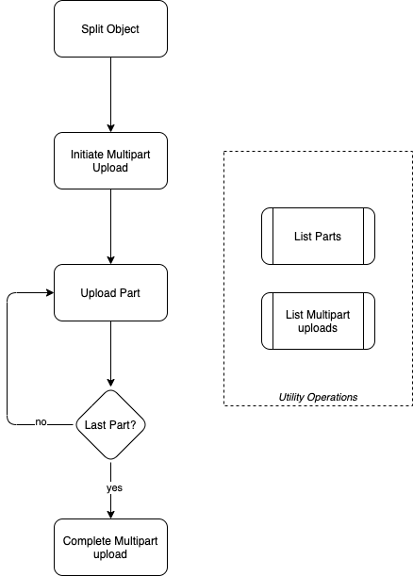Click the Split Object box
pos(110,28)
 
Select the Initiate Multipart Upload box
pos(110,161)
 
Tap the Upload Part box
pos(110,293)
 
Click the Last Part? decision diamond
pos(110,424)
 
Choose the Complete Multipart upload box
pos(110,547)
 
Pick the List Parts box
pos(318,237)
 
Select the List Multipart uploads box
pos(318,321)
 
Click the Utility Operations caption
pos(318,397)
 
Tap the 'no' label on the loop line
pos(41,422)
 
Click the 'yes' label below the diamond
pos(114,487)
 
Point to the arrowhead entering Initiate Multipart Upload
pos(110,128)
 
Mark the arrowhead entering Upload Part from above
pos(110,260)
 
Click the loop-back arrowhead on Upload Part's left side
pos(50,293)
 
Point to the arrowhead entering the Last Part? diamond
pos(110,383)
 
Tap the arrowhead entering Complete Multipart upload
pos(110,515)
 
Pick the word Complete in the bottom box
pos(87,541)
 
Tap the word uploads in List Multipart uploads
pos(318,328)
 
